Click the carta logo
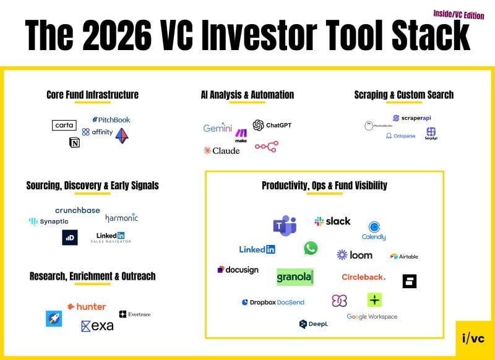click(64, 125)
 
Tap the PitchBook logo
click(111, 119)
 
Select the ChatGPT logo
click(272, 125)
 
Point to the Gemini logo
click(217, 129)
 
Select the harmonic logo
click(121, 218)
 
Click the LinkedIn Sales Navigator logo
click(111, 237)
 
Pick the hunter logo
click(87, 306)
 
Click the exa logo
click(97, 325)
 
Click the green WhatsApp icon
click(311, 248)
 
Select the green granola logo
click(295, 277)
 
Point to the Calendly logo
click(374, 231)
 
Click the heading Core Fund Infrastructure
click(92, 95)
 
